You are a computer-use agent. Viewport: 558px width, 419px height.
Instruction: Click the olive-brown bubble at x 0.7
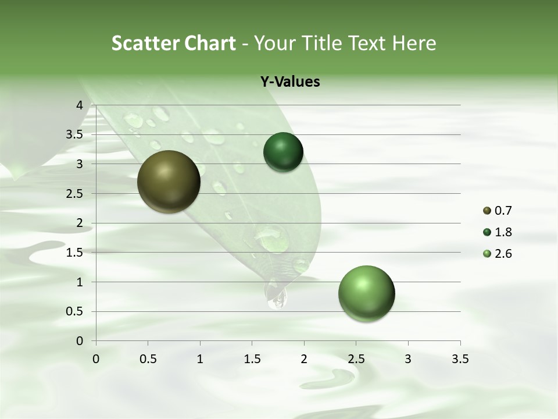click(x=169, y=182)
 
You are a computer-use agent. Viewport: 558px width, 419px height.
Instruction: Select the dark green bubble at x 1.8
click(x=283, y=152)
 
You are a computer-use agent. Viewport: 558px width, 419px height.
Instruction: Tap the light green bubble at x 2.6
click(x=366, y=293)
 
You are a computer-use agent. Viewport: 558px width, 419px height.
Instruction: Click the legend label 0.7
click(x=503, y=211)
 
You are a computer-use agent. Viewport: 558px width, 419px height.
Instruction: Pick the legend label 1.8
click(x=503, y=232)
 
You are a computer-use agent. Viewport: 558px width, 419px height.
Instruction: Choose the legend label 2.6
click(x=503, y=254)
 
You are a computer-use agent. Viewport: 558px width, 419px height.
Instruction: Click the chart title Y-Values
click(x=290, y=82)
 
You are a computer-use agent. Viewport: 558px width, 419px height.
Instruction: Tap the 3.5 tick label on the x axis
click(x=460, y=359)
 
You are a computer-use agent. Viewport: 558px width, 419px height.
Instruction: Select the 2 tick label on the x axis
click(x=304, y=359)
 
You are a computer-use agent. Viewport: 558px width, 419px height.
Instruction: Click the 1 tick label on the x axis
click(x=200, y=359)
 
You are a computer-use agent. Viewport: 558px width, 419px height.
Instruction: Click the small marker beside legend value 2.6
click(x=487, y=254)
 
